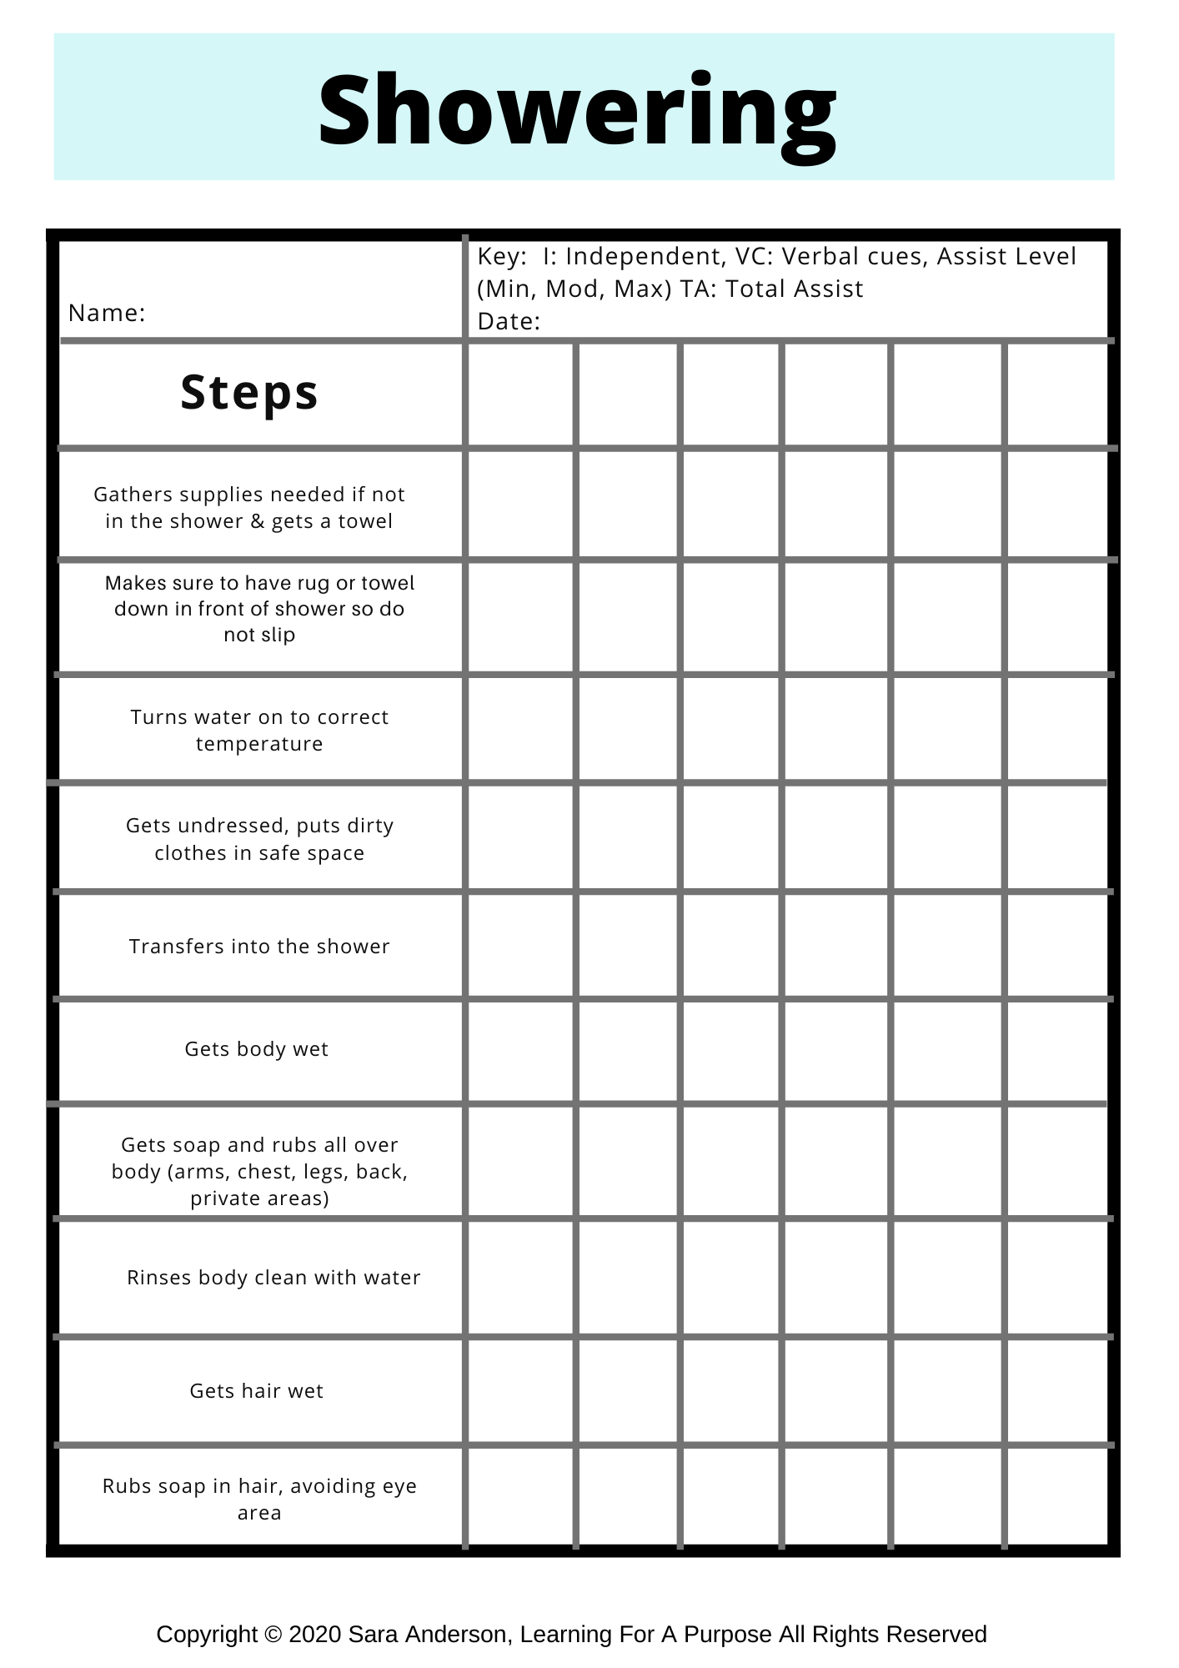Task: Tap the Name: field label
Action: [107, 314]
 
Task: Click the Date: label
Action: [509, 322]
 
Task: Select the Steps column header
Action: [249, 393]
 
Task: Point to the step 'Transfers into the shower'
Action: [259, 947]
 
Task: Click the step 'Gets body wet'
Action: [257, 1049]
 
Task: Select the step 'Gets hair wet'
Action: [257, 1391]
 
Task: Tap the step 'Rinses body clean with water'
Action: [273, 1278]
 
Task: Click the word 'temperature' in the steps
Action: [259, 744]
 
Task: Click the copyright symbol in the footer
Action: [272, 1635]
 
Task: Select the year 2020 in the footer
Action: [315, 1635]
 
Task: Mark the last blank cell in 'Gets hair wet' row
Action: [1056, 1391]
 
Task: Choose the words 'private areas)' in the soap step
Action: [259, 1199]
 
